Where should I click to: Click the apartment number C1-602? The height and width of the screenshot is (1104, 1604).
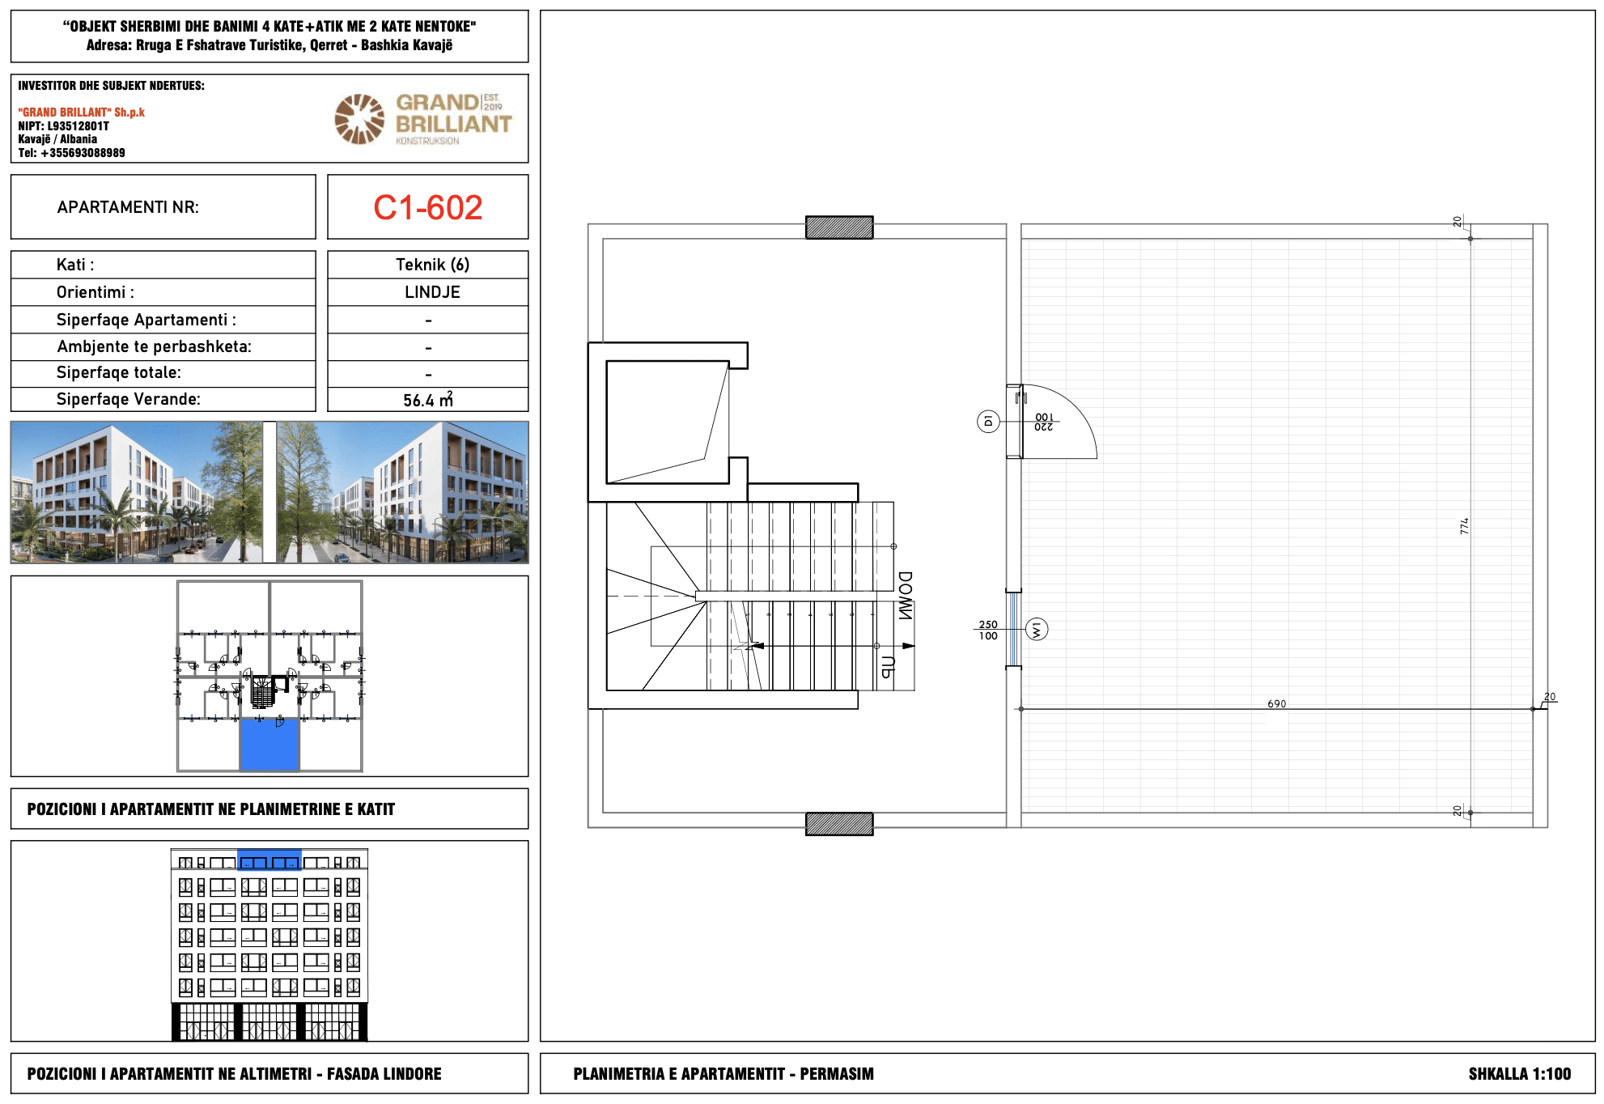coord(427,208)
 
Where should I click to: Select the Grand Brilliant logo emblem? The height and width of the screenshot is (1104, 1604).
coord(359,119)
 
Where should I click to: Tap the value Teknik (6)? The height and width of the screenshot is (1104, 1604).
coord(432,265)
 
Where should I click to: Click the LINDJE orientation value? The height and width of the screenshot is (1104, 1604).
coord(432,292)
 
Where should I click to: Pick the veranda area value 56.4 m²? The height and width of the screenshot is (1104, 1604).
coord(428,399)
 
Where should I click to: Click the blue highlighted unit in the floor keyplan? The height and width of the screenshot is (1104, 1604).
coord(269,745)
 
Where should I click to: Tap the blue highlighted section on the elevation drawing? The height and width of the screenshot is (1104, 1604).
coord(269,860)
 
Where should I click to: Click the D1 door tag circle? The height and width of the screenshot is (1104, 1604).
coord(988,421)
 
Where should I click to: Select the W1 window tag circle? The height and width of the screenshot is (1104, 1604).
coord(1037,630)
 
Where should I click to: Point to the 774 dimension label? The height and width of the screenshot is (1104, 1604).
coord(1464,526)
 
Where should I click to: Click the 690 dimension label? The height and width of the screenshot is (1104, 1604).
coord(1276,703)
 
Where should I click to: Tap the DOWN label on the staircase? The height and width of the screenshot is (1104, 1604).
coord(906,596)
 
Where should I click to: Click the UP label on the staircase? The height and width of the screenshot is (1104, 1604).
coord(887,667)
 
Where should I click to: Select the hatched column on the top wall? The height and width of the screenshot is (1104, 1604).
coord(839,227)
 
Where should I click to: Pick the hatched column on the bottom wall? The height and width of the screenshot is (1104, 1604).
coord(839,824)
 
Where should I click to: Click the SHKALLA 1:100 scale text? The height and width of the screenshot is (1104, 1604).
coord(1519,1074)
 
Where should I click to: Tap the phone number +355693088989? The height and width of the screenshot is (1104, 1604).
coord(83,153)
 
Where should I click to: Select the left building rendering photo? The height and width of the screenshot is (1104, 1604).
coord(137,492)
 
